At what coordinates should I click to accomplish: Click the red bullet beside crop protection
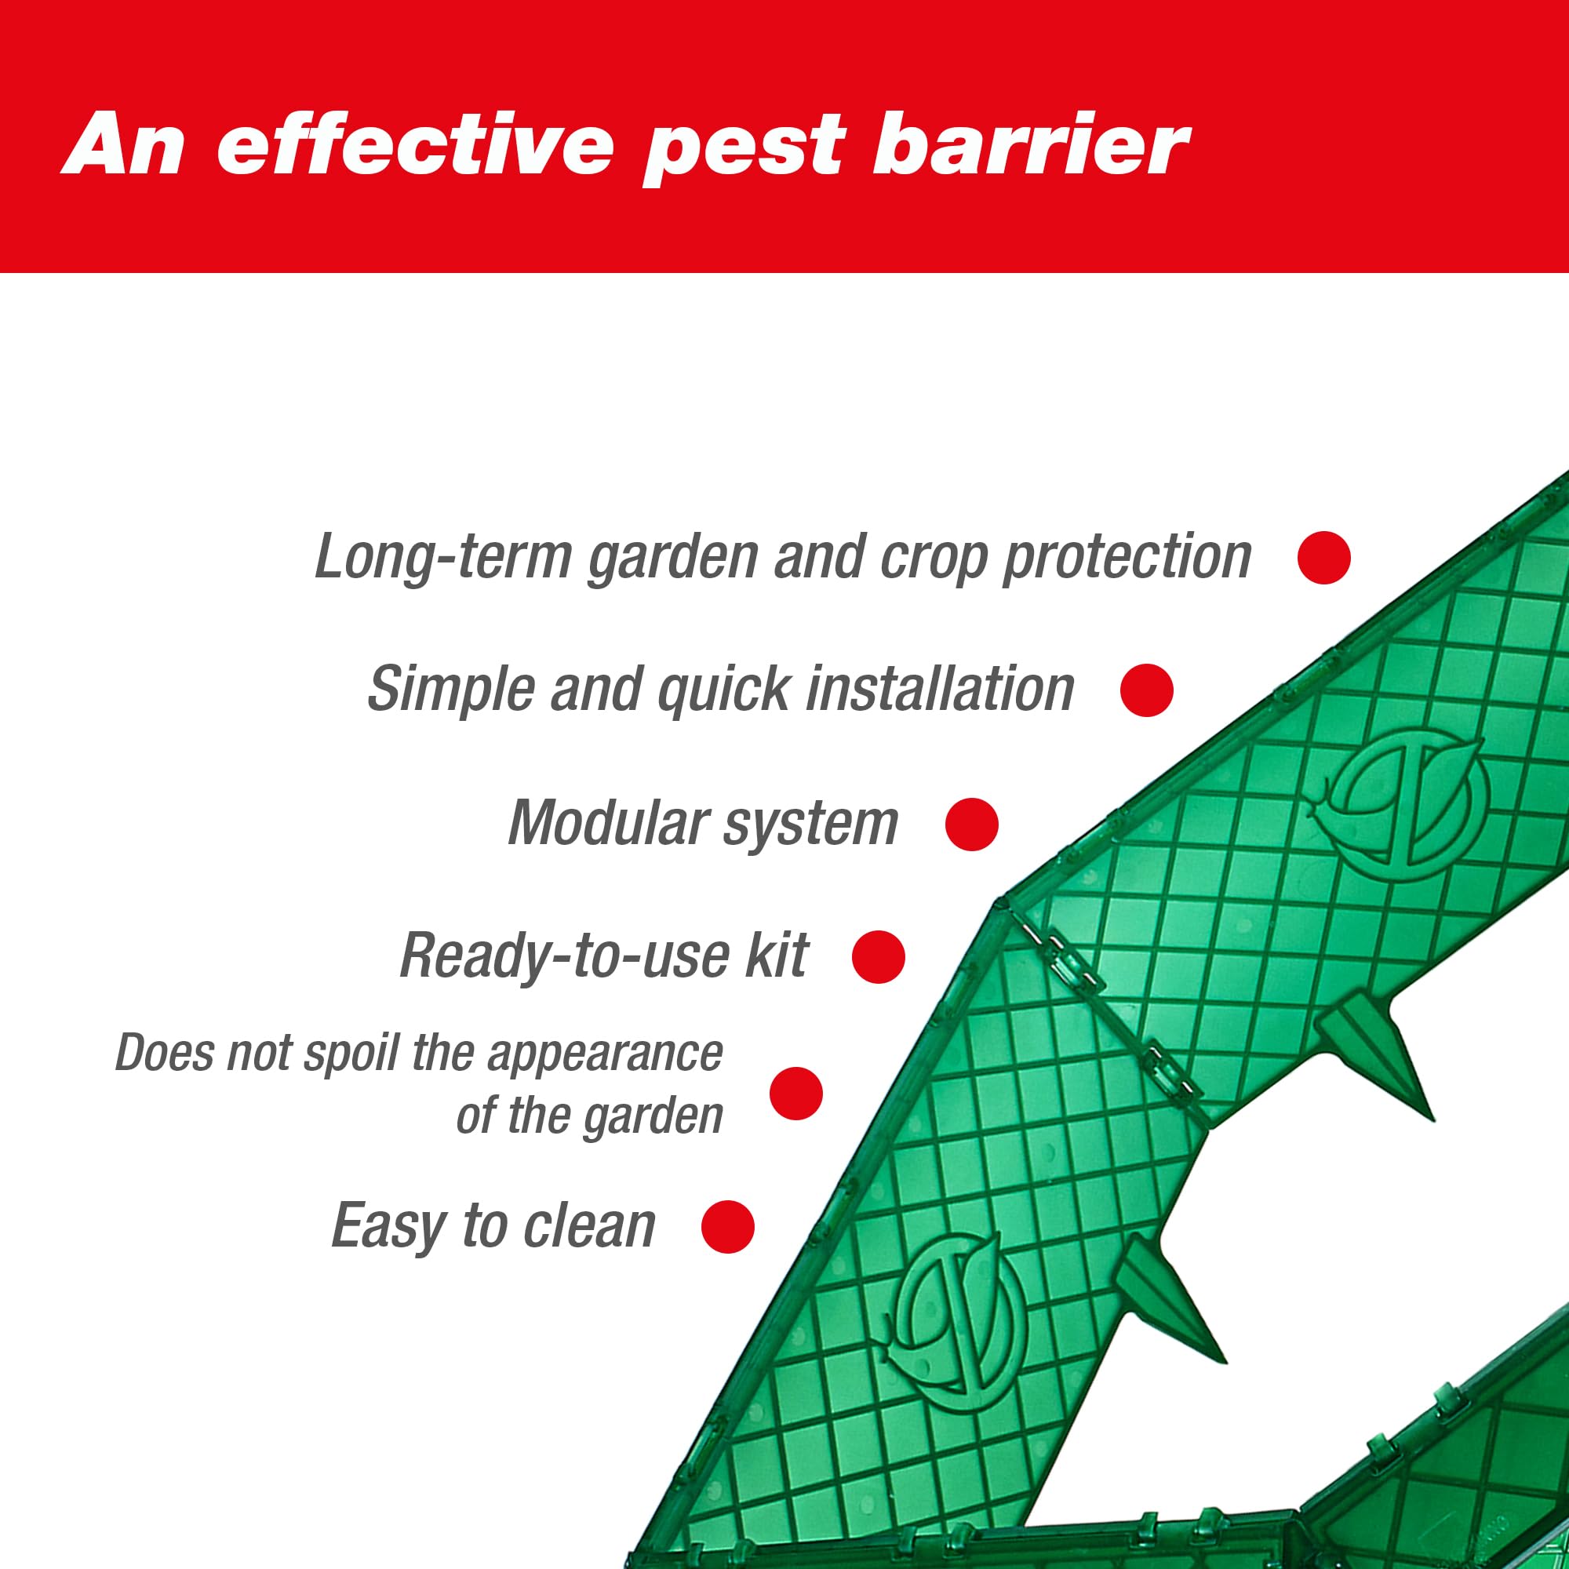pos(1323,557)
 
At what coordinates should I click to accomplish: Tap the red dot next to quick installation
pos(1147,690)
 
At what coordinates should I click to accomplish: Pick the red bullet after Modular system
pos(971,825)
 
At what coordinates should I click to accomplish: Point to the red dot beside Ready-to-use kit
pos(878,956)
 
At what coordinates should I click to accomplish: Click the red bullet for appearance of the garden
pos(795,1094)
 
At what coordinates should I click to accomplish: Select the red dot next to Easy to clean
pos(728,1226)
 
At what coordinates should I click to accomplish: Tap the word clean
pos(589,1225)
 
